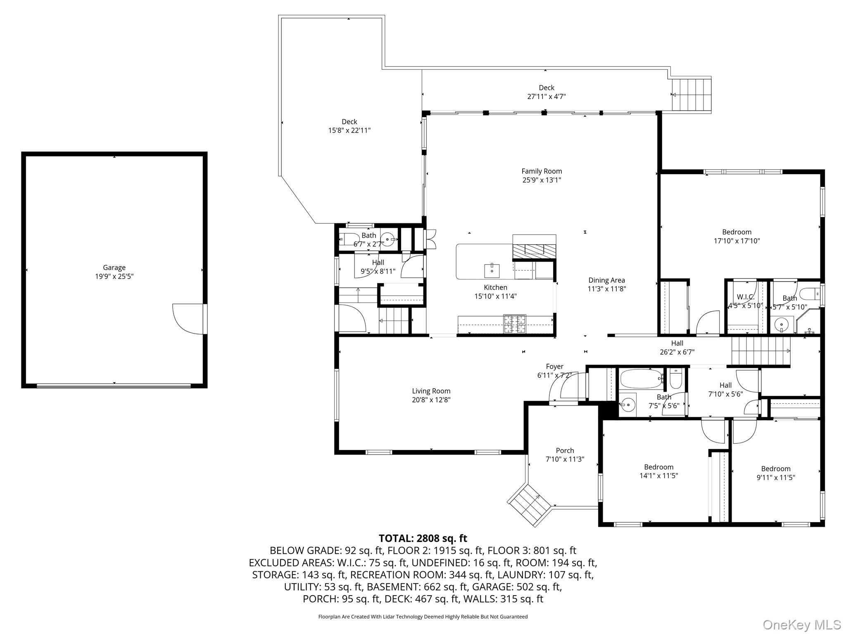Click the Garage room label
click(114, 267)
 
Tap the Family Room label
click(542, 171)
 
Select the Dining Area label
click(606, 280)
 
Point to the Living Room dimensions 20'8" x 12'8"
click(431, 400)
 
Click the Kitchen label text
click(495, 287)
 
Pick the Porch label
click(565, 450)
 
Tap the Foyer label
click(554, 367)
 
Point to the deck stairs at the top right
click(691, 95)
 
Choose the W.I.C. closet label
click(746, 297)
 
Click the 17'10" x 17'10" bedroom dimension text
click(737, 241)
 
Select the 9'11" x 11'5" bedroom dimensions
click(775, 478)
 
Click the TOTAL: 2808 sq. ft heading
click(423, 538)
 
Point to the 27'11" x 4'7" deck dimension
click(547, 97)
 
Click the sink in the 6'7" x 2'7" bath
click(388, 238)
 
